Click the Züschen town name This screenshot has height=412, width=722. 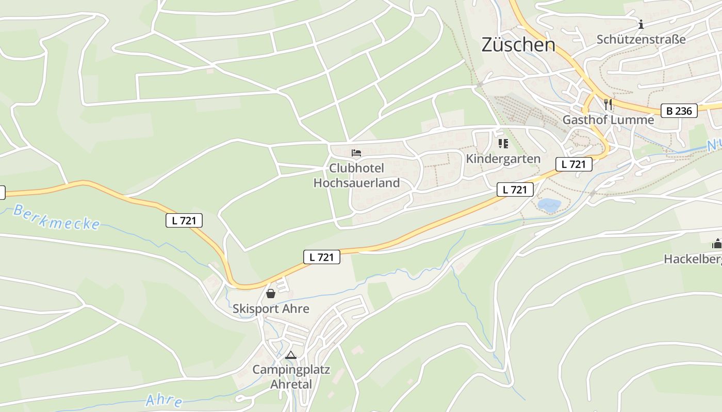click(x=518, y=45)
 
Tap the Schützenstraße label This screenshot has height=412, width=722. click(x=641, y=39)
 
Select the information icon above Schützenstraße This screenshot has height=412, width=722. click(x=641, y=24)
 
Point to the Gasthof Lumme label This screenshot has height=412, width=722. click(x=608, y=120)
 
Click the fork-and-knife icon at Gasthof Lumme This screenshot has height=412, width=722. click(x=608, y=105)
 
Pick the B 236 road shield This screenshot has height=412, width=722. click(x=679, y=110)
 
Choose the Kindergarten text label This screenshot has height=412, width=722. click(x=503, y=159)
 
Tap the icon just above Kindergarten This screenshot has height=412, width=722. click(x=503, y=144)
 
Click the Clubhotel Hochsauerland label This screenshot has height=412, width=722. click(x=356, y=176)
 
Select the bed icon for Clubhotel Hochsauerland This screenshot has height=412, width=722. click(x=356, y=153)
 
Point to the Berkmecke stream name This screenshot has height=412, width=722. click(x=57, y=217)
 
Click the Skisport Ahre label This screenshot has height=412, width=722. click(x=271, y=308)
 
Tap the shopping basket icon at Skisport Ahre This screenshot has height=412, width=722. click(x=271, y=294)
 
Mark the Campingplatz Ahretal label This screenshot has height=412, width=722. click(x=291, y=377)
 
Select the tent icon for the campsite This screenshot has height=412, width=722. click(x=291, y=355)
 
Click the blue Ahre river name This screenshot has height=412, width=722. click(x=164, y=400)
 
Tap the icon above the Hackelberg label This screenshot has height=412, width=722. click(x=717, y=244)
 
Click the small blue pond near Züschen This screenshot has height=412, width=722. click(x=549, y=205)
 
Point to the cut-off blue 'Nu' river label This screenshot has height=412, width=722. click(x=713, y=146)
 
